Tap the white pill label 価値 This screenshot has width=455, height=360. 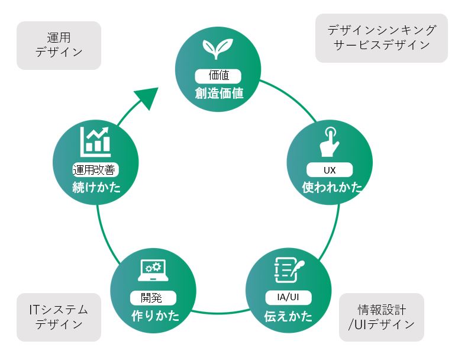coord(218,76)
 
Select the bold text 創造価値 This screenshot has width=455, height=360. coord(219,93)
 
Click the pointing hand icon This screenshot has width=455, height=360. coord(329,140)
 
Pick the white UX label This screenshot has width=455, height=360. coord(330,169)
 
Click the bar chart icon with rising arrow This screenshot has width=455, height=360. coord(95,140)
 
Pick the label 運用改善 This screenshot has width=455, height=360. coord(95,170)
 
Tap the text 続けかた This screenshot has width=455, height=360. coord(96,188)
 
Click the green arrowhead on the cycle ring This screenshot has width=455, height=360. coord(147,98)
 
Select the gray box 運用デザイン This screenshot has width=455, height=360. coord(59,45)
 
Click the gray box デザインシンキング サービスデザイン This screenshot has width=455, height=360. coord(382,38)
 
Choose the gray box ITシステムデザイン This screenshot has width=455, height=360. coord(59,317)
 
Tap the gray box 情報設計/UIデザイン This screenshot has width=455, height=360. coord(382,317)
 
